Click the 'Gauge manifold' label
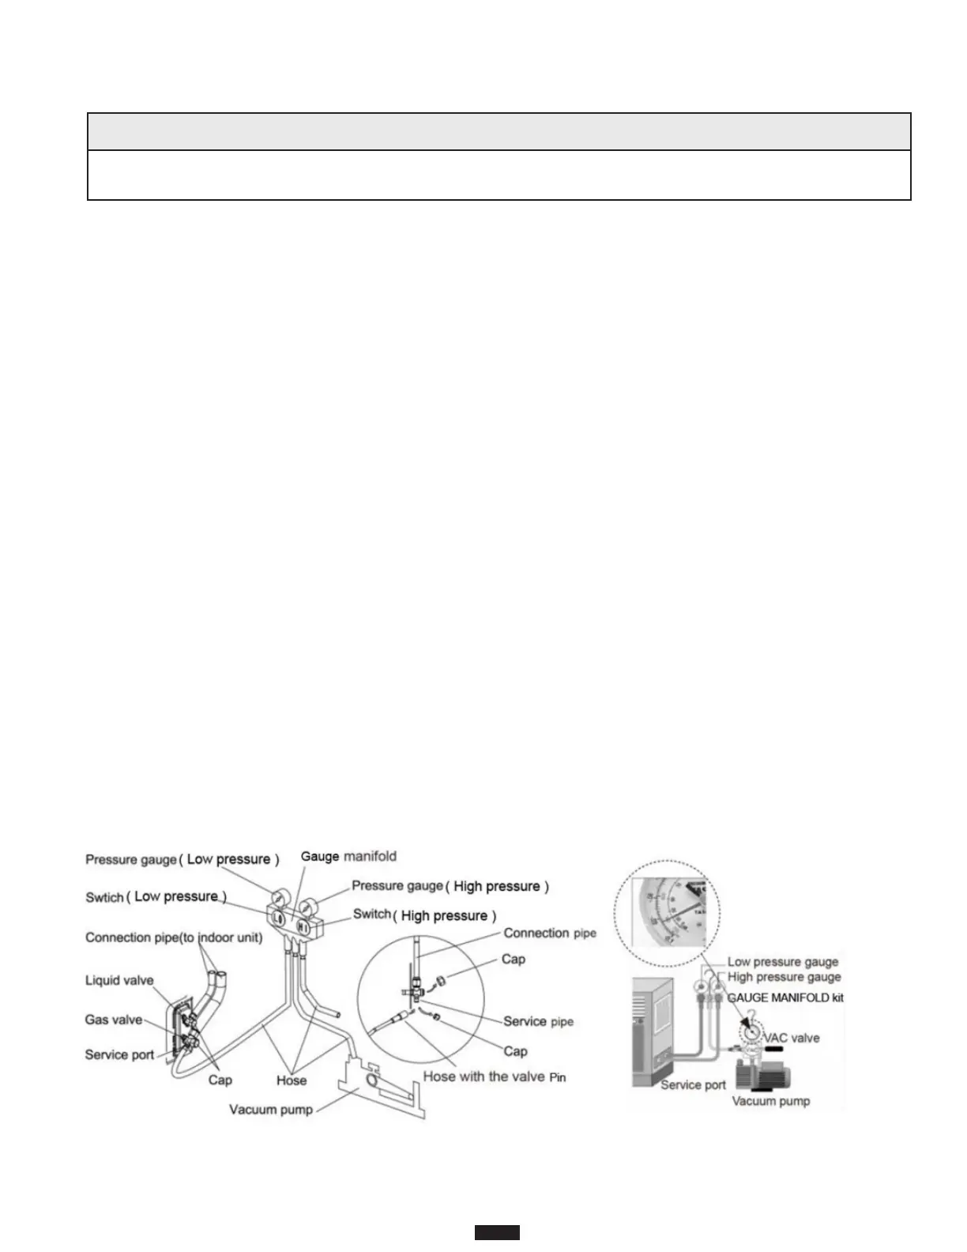pos(348,856)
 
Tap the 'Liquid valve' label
pos(119,980)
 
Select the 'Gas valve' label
pos(114,1020)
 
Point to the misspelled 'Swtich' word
pos(105,898)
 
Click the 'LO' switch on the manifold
pos(278,918)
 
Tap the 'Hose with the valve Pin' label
pos(494,1077)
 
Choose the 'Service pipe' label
pos(538,1021)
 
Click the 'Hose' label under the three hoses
pos(292,1080)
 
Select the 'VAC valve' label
pos(791,1038)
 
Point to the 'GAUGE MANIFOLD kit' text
pos(785,997)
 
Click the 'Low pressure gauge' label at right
pos(782,962)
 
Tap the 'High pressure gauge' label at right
pos(784,977)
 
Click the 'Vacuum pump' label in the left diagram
pos(271,1110)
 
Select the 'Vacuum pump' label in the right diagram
pos(770,1100)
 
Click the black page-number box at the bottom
pos(497,1232)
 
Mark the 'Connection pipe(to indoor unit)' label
pos(174,937)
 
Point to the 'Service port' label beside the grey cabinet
pos(693,1084)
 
